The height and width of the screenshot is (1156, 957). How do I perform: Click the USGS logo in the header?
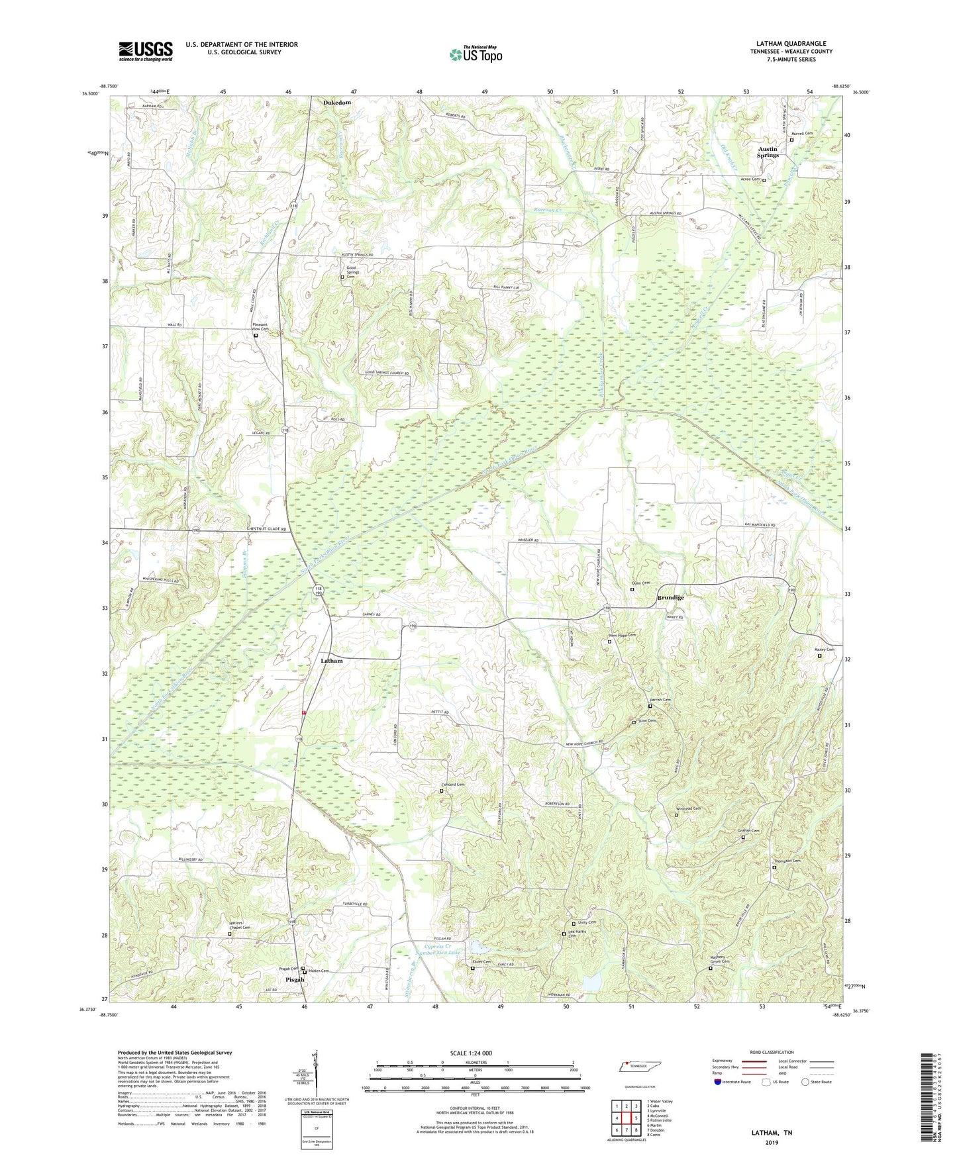click(146, 51)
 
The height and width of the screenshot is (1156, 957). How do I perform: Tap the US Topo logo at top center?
click(475, 54)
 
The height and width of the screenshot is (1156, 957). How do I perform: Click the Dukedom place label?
click(337, 103)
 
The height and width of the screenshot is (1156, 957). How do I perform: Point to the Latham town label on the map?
click(332, 661)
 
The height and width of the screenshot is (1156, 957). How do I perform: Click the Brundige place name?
click(670, 597)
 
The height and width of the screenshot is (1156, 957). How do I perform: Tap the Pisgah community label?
click(295, 979)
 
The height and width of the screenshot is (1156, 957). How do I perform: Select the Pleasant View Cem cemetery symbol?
click(256, 336)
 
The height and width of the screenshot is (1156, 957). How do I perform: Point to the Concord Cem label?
click(453, 785)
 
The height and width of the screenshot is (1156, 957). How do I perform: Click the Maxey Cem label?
click(824, 650)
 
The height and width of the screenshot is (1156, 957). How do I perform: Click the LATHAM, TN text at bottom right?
click(772, 1133)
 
